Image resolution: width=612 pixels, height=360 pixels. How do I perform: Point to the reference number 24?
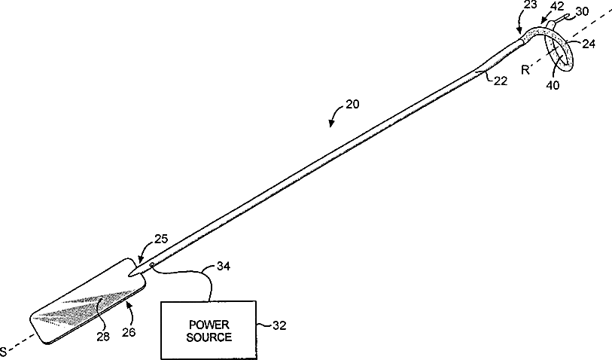(x=589, y=44)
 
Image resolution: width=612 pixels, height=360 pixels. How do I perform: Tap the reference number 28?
(x=103, y=337)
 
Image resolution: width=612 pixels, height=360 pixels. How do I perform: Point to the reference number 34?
(x=223, y=265)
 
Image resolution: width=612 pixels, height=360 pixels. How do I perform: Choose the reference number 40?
(x=553, y=85)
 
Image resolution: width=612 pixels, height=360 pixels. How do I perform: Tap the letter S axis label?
(x=5, y=351)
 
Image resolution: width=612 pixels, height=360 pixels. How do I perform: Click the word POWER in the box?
(x=208, y=324)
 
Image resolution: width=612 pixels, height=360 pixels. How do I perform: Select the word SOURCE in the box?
(x=208, y=337)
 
